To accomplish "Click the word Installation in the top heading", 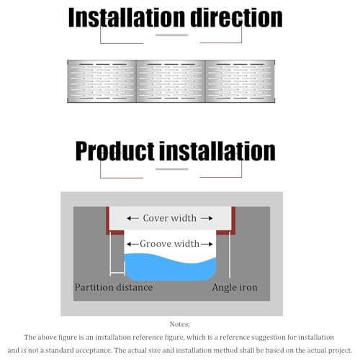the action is (x=127, y=17).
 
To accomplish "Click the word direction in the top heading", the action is (x=236, y=17).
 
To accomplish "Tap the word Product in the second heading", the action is (x=115, y=150).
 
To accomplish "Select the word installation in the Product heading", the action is (x=217, y=150).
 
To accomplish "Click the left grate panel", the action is (x=102, y=81).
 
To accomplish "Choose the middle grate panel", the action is (x=171, y=81).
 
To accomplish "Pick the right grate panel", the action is (x=240, y=81).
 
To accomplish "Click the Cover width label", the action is (x=170, y=218).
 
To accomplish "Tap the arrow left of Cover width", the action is (x=132, y=218).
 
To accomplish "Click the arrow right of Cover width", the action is (x=207, y=218).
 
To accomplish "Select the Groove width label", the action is (x=170, y=244).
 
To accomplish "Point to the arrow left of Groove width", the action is (x=133, y=244).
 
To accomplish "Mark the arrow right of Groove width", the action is (x=207, y=244).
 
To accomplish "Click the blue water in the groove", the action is (x=171, y=269).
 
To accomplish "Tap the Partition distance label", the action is (x=114, y=287).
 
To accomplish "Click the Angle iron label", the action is (x=235, y=287).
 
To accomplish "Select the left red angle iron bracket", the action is (x=108, y=221).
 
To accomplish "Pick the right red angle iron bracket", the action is (x=233, y=221).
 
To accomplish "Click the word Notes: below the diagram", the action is (x=180, y=324).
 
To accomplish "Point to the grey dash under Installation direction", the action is (x=172, y=35).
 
